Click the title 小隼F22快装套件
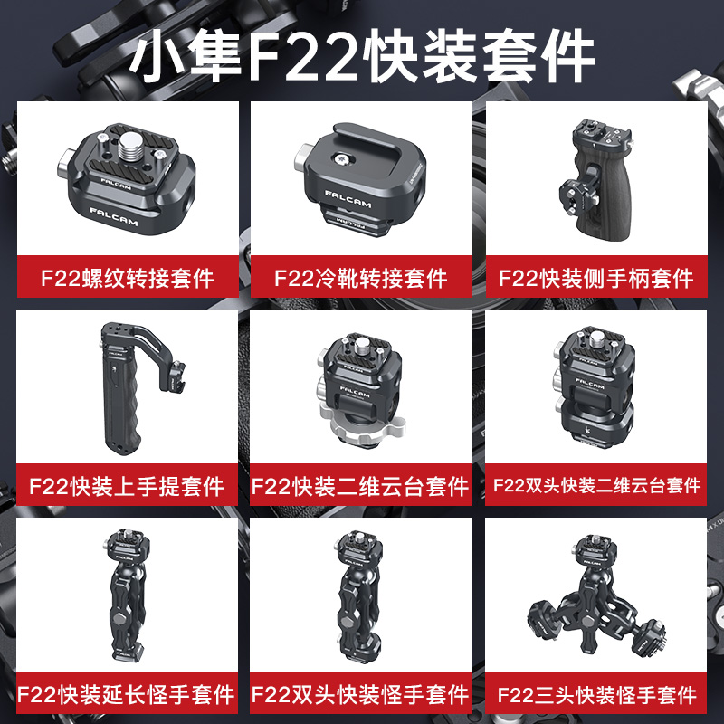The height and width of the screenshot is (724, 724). (362, 56)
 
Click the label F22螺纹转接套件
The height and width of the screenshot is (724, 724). (128, 277)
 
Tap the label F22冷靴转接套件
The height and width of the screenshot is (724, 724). (361, 277)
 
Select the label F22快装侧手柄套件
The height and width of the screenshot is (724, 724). (596, 277)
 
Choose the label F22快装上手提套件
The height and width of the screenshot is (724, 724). (128, 486)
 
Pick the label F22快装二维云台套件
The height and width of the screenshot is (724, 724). (361, 486)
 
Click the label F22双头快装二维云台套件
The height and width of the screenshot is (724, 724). (596, 486)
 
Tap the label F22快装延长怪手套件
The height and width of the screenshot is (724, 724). (128, 695)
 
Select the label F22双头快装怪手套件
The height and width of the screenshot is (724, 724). (361, 695)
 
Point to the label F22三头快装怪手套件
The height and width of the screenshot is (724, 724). (596, 695)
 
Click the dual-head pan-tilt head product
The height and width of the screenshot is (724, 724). (593, 389)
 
